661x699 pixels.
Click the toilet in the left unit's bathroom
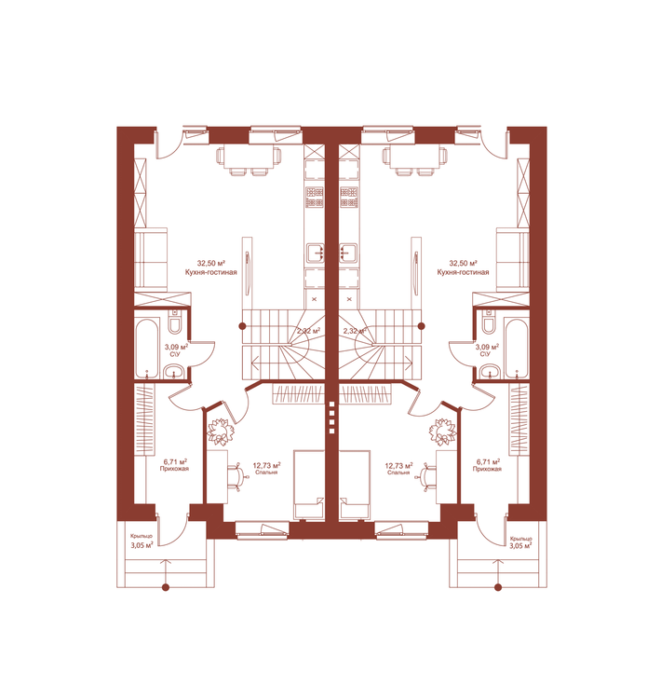point(174,322)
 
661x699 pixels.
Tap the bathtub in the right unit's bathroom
point(517,348)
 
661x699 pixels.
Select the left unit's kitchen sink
point(315,253)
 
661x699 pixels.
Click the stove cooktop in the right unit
point(349,198)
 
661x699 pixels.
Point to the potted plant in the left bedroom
point(221,432)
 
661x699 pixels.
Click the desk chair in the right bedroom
point(425,477)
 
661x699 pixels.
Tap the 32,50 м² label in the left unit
point(211,264)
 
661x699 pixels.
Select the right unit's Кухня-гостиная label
point(463,272)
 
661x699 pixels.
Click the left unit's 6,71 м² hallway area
point(175,462)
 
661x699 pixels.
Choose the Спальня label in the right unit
point(398,473)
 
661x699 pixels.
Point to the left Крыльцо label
point(142,536)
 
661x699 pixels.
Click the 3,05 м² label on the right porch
point(520,545)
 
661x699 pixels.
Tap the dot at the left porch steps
point(166,587)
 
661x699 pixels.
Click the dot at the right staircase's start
point(422,326)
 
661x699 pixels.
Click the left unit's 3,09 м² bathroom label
point(176,347)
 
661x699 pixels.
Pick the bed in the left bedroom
point(309,485)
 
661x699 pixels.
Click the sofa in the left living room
point(151,260)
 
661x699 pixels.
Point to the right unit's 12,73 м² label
point(398,466)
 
